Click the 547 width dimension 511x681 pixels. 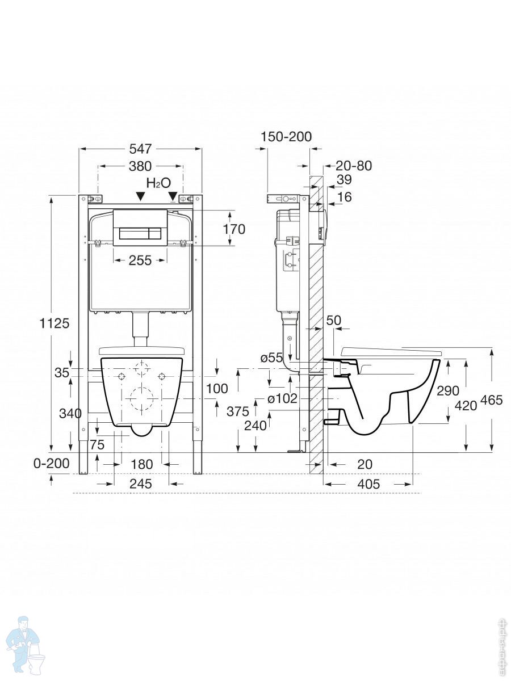tap(140, 149)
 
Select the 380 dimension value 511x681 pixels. tap(140, 166)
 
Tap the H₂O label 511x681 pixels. tap(158, 183)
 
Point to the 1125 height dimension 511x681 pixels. tap(55, 323)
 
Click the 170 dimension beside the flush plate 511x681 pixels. tap(234, 229)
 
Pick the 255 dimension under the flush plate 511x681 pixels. tap(140, 260)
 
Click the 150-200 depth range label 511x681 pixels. tap(286, 137)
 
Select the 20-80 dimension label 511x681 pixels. tap(354, 166)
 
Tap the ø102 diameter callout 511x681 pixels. tap(282, 398)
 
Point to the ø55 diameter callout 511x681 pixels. tap(272, 358)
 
